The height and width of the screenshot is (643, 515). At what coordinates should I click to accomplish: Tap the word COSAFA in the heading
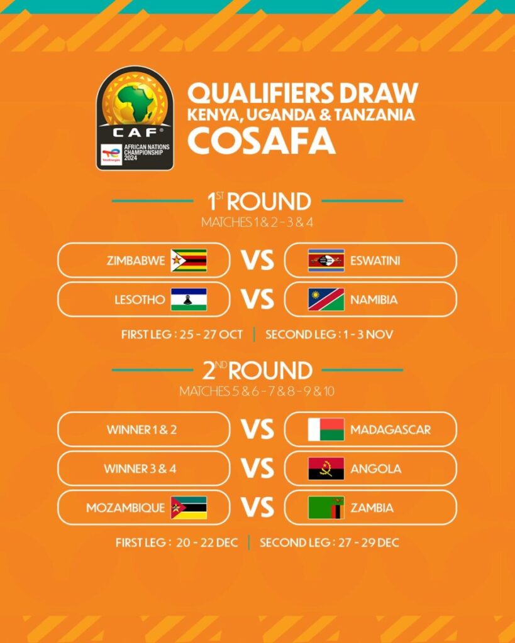(x=261, y=141)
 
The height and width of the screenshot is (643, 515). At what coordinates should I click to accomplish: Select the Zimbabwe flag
(x=189, y=261)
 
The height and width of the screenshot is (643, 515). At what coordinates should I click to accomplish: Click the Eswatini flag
(x=326, y=261)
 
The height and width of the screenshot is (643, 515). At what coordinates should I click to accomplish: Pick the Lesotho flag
(x=189, y=300)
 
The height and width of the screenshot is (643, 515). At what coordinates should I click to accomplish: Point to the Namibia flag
(x=326, y=300)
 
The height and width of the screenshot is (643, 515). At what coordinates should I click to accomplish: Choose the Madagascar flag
(x=326, y=430)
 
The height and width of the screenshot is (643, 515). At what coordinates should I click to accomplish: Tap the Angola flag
(x=326, y=468)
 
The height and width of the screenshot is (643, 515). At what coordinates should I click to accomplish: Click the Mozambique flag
(x=189, y=507)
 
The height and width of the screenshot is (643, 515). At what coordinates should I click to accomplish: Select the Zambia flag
(x=326, y=507)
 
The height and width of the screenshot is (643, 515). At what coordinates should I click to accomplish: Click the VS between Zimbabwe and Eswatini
(x=258, y=261)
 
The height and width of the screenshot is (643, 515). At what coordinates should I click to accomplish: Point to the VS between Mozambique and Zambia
(x=258, y=507)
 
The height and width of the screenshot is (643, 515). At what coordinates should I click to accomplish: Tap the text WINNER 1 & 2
(x=136, y=430)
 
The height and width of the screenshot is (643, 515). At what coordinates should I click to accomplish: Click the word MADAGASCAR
(x=390, y=430)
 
